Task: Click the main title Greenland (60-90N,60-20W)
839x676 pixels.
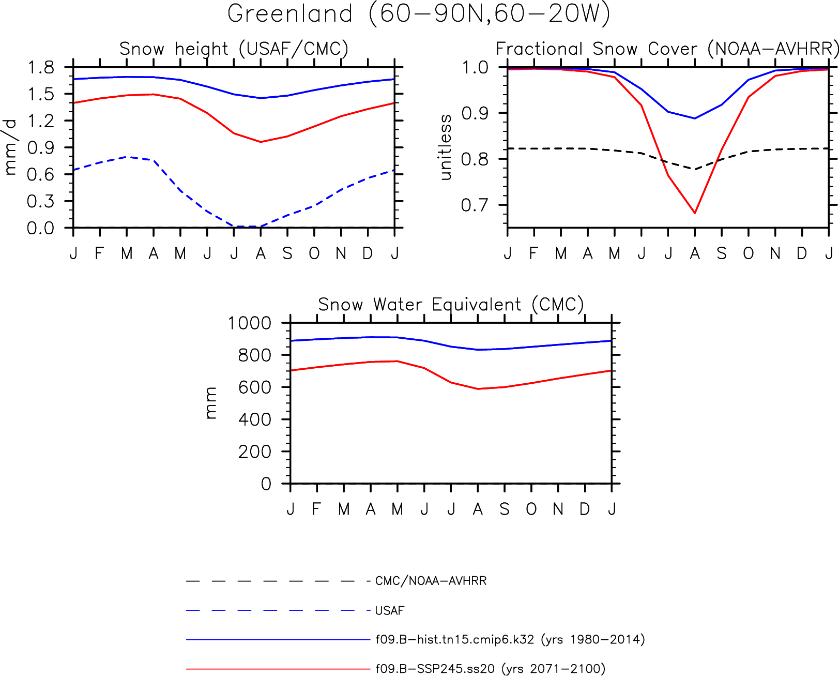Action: [x=419, y=14]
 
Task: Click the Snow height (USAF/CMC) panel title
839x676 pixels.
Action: [x=234, y=49]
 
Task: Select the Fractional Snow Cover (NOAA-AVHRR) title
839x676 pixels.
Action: [x=667, y=49]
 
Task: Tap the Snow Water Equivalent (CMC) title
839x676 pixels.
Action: [x=451, y=305]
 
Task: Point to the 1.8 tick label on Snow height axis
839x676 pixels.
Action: [x=40, y=67]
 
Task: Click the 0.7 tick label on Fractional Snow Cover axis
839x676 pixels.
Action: [x=475, y=205]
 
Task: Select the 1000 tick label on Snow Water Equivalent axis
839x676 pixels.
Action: [x=250, y=323]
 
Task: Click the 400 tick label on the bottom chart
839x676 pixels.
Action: [x=254, y=420]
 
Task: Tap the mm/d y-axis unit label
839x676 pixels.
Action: [x=10, y=147]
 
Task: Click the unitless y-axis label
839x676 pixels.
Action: [x=445, y=147]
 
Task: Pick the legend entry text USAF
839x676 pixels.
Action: [x=389, y=610]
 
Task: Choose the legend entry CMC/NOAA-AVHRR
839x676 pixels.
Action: [x=431, y=581]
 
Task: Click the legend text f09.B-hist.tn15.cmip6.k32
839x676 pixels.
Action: [x=454, y=640]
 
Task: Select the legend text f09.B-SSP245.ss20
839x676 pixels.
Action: [x=435, y=669]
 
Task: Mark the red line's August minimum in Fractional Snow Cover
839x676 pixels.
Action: [x=695, y=213]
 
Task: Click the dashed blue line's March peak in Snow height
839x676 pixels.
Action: [x=127, y=157]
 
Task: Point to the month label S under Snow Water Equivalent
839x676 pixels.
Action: [x=505, y=509]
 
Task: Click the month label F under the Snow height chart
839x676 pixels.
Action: [x=99, y=254]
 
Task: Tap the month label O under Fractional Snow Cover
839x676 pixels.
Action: [x=748, y=254]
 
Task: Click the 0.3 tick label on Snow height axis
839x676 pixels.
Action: [x=40, y=202]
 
